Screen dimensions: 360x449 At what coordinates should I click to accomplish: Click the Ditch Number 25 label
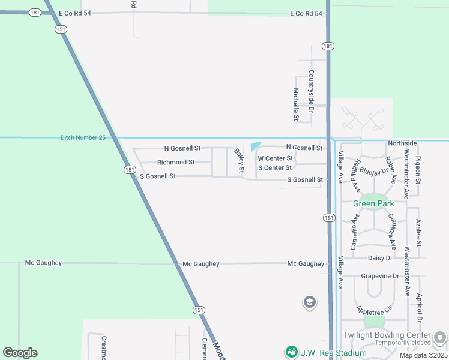coord(83,137)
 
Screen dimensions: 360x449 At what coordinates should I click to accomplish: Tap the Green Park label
coord(373,203)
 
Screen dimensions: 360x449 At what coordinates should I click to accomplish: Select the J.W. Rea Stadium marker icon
coord(292,352)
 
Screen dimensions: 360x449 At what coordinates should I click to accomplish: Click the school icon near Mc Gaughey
coord(310,302)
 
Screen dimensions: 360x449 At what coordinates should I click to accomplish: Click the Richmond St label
coord(176,163)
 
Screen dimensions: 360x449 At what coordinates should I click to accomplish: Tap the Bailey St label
coord(240,161)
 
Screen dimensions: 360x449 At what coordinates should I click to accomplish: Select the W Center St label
coord(275,158)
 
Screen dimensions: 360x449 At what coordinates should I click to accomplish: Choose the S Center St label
coord(275,168)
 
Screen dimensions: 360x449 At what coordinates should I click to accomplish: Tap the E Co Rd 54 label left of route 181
coord(306,13)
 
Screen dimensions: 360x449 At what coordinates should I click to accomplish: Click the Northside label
coord(402,143)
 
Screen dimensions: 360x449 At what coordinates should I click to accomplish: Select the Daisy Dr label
coord(379,258)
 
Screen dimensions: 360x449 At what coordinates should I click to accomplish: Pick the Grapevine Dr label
coord(380,276)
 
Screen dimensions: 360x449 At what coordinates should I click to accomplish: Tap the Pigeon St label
coord(418,170)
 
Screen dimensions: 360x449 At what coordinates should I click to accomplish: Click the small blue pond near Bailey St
coord(255,146)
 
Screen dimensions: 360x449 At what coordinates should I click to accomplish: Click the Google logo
coord(20,353)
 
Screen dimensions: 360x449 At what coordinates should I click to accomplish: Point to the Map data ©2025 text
coord(423,355)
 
